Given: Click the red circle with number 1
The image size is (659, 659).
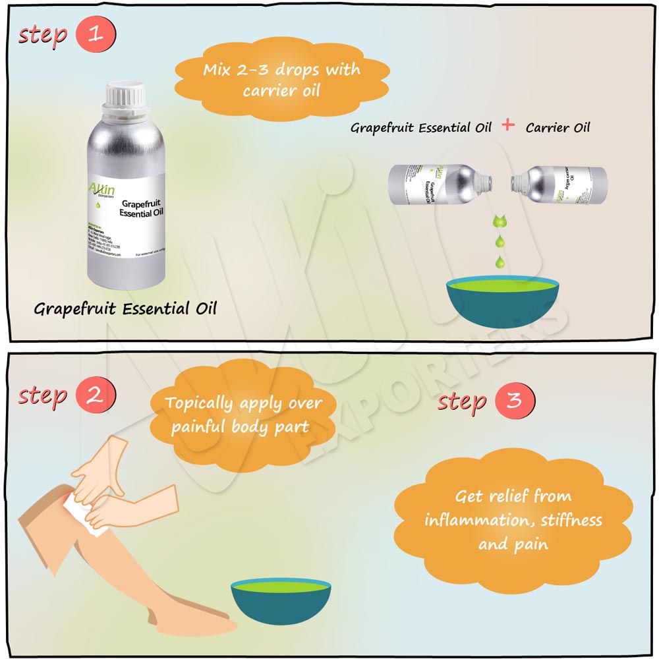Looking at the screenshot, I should point(96,34).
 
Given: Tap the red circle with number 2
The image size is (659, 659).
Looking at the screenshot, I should point(96,396).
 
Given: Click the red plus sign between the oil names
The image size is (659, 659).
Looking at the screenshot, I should point(508,125).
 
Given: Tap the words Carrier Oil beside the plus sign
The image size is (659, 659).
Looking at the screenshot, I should point(558,127).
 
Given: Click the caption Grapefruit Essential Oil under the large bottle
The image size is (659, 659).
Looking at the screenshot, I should point(125,308).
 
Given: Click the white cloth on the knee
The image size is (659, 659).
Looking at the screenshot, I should point(82,511).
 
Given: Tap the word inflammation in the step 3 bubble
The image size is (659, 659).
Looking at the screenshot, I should point(477,521).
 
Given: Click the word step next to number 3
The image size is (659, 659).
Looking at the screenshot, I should point(463,401).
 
